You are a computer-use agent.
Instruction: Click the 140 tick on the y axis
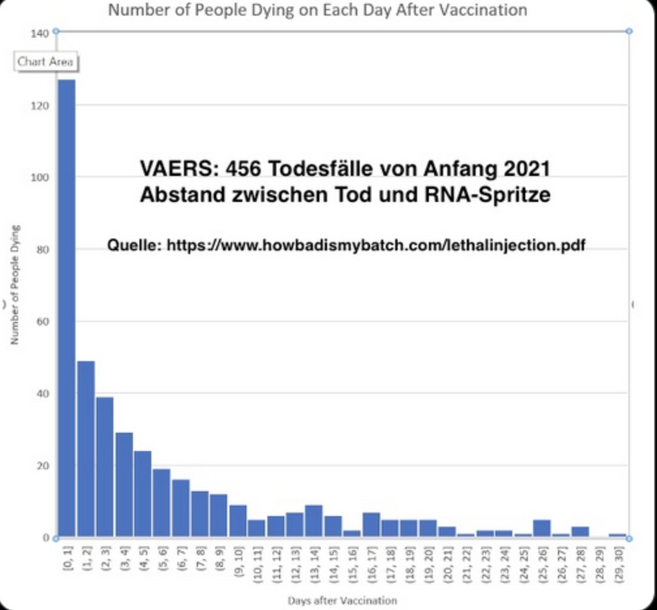(x=40, y=33)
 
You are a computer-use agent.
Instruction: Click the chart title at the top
(x=317, y=10)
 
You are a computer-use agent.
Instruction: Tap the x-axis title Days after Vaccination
(x=342, y=600)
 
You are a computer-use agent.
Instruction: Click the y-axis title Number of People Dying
(x=14, y=285)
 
